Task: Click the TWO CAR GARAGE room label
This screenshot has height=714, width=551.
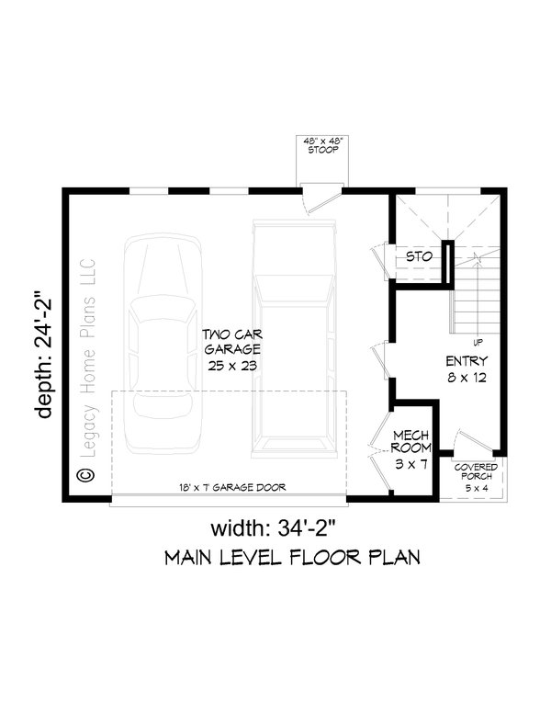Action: [232, 350]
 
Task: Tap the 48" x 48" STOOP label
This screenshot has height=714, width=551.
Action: [322, 145]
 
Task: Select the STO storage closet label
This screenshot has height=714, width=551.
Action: [419, 256]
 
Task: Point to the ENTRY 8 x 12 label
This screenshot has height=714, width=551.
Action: [467, 368]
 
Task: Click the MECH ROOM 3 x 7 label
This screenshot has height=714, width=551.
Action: [411, 450]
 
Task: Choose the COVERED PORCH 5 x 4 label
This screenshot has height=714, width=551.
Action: [476, 477]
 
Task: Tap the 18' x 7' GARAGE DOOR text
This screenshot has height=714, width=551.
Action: [232, 488]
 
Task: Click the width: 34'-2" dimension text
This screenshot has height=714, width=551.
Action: [273, 528]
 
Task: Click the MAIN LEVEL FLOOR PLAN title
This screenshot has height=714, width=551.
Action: [292, 558]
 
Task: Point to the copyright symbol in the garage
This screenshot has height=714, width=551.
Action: [85, 475]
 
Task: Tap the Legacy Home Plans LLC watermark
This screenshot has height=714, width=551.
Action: [87, 357]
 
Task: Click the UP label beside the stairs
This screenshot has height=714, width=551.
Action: [478, 342]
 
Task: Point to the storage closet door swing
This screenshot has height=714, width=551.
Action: [379, 263]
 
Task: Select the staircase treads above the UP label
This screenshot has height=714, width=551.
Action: [476, 289]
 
